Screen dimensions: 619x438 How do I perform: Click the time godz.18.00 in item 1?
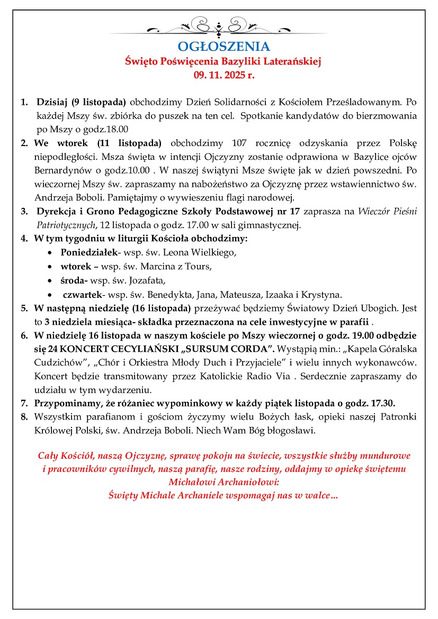click(x=108, y=129)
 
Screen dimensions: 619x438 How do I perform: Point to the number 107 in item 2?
click(x=241, y=143)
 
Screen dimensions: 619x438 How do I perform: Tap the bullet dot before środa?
click(x=50, y=281)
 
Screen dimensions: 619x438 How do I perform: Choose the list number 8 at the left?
click(x=24, y=417)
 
